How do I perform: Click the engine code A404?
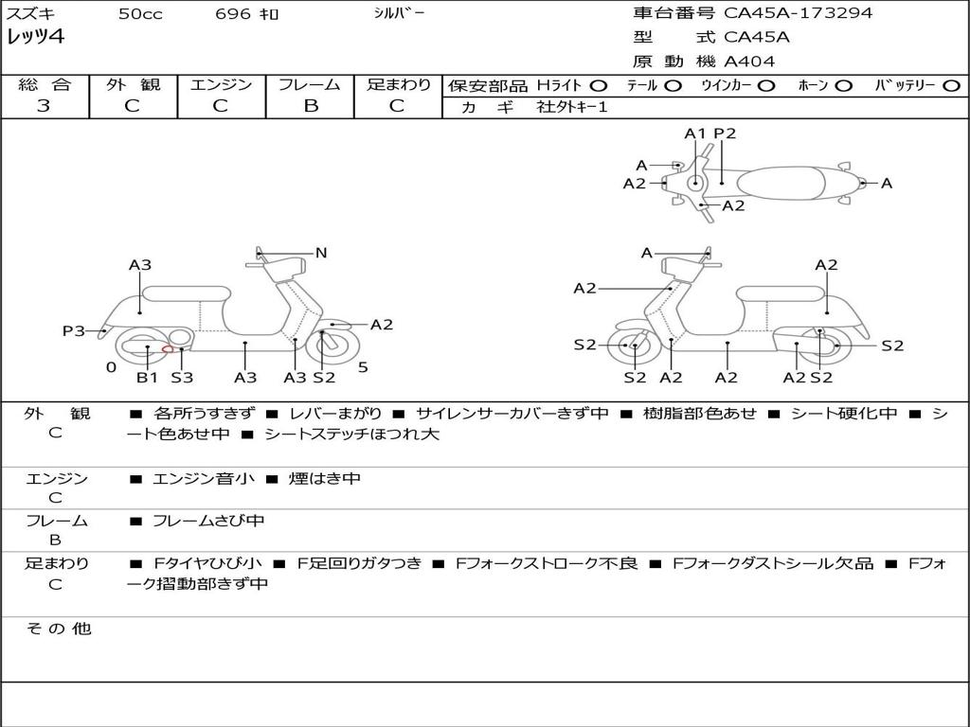click(x=749, y=62)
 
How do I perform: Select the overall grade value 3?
click(x=44, y=106)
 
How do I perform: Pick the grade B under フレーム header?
click(x=310, y=106)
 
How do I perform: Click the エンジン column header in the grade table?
click(x=221, y=85)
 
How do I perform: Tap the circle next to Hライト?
click(x=598, y=86)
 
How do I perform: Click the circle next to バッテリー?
click(x=952, y=86)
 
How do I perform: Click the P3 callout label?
click(x=74, y=331)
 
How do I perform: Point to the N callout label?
click(x=321, y=253)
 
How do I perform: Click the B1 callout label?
click(x=147, y=378)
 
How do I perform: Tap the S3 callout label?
click(x=182, y=378)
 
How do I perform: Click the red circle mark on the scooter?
click(x=168, y=349)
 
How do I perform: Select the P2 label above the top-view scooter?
click(x=725, y=133)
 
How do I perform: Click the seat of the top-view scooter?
click(x=788, y=182)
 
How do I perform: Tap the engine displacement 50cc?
click(x=140, y=14)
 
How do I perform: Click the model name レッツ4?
click(x=35, y=38)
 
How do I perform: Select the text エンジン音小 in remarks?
click(x=204, y=479)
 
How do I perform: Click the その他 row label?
click(x=58, y=629)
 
